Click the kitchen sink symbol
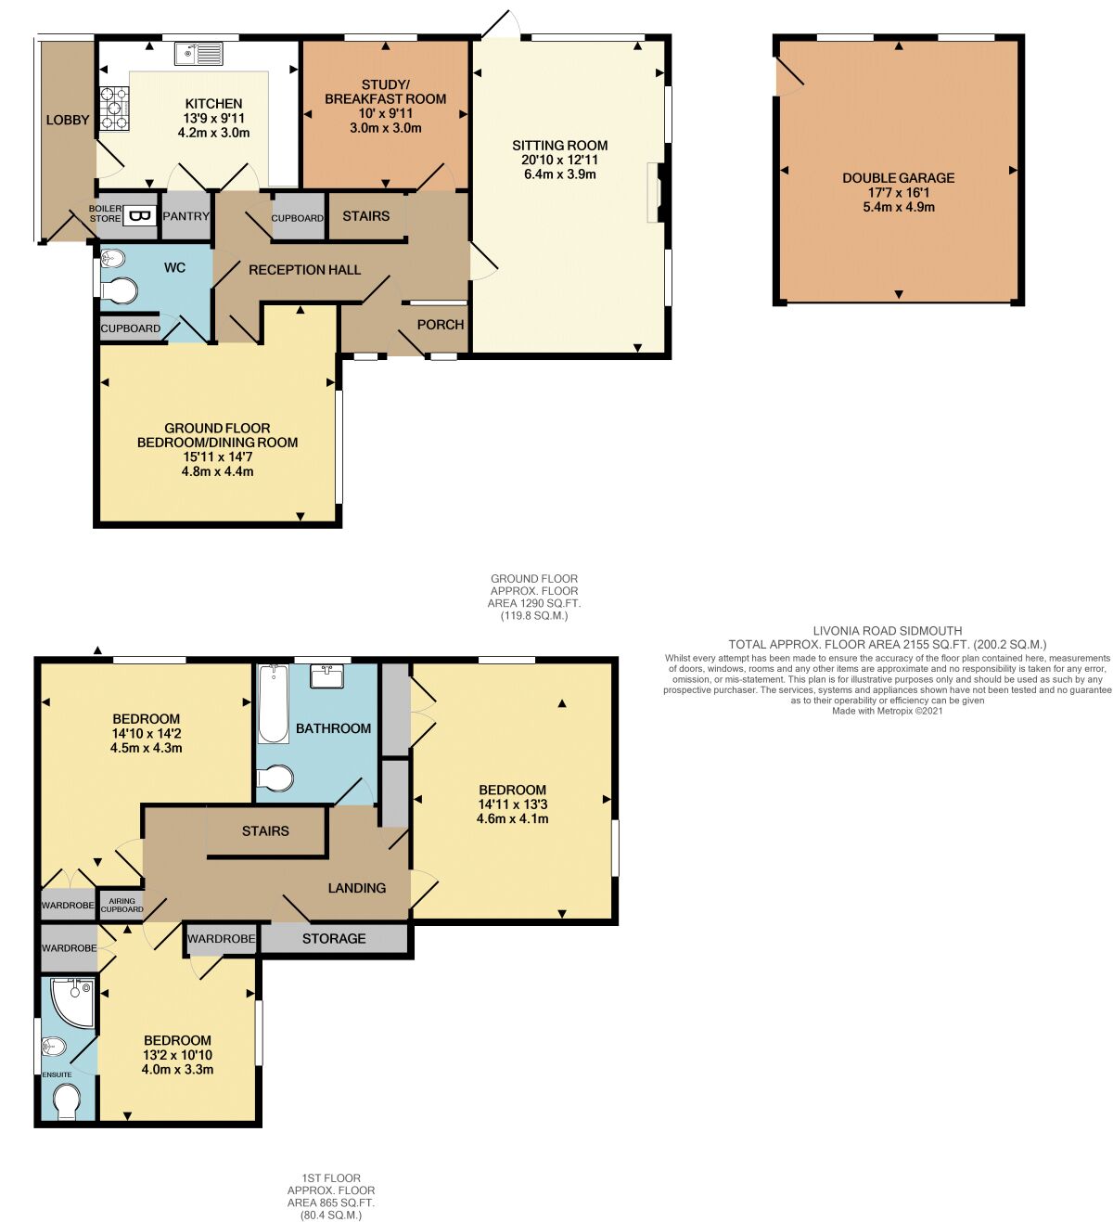tap(198, 54)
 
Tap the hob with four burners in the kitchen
tap(114, 107)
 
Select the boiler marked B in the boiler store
tap(140, 216)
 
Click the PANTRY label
tap(186, 216)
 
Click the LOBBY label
tap(68, 120)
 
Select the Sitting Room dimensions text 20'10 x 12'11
tap(559, 160)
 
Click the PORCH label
tap(441, 324)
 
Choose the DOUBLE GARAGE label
tap(898, 177)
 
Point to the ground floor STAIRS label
tap(365, 216)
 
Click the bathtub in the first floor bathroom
tap(273, 704)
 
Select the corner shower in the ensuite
tap(72, 1001)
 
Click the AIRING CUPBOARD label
tap(122, 905)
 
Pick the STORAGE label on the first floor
tap(334, 938)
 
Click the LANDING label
tap(357, 888)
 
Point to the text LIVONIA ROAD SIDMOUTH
tap(887, 630)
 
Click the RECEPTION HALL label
tap(304, 270)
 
